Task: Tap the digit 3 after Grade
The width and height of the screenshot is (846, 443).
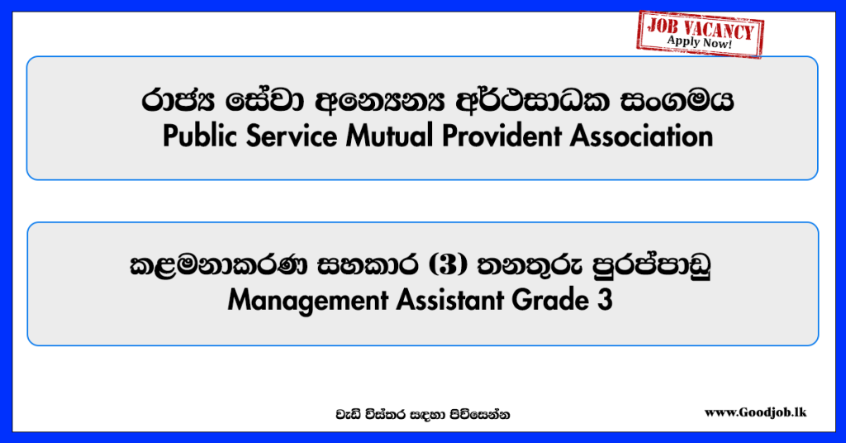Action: click(x=605, y=300)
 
